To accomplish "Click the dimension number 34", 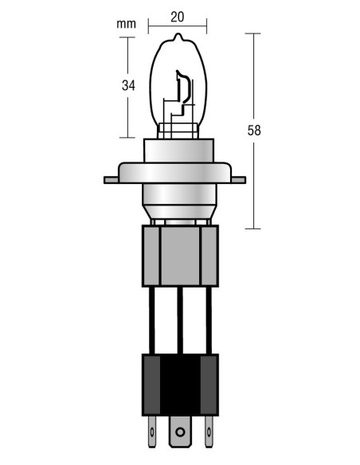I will coord(127,85).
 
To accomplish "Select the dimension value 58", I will coord(255,131).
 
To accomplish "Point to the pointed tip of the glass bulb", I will coord(179,40).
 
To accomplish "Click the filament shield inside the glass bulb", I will coord(182,89).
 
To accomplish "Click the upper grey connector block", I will coord(180,255).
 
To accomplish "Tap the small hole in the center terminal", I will coord(180,433).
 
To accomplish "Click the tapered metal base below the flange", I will coord(179,204).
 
